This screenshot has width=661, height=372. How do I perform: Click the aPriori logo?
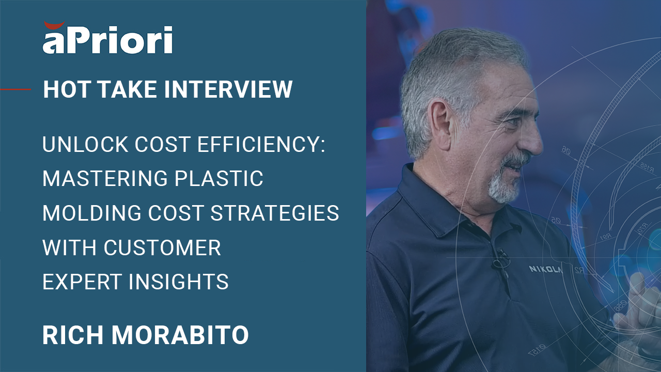click(107, 38)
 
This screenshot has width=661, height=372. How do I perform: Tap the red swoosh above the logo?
click(54, 25)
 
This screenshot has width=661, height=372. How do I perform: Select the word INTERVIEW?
click(228, 89)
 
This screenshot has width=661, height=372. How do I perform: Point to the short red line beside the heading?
click(15, 89)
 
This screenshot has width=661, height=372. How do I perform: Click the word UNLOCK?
click(85, 144)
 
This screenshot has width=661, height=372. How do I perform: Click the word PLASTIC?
click(218, 178)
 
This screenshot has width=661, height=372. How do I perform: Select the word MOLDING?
click(92, 213)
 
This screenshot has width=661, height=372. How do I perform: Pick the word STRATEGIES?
click(275, 213)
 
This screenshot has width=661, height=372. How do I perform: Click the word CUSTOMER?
click(162, 247)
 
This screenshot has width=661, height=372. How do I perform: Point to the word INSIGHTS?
click(178, 282)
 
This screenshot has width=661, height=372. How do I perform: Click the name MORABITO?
click(180, 335)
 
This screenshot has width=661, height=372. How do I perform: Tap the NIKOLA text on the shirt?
click(546, 269)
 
